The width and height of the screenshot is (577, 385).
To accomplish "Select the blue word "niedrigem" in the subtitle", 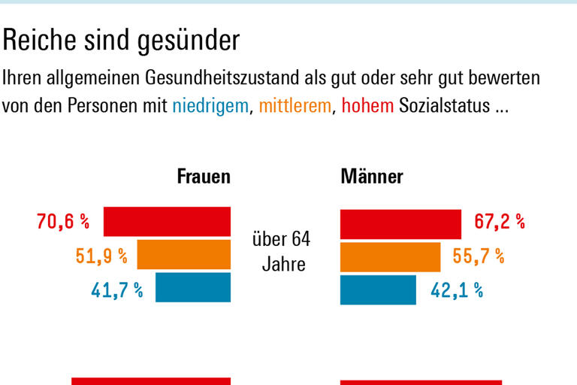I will pyautogui.click(x=210, y=106).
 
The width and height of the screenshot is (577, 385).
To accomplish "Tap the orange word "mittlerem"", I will pyautogui.click(x=295, y=106).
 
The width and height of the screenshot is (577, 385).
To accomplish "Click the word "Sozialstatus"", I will pyautogui.click(x=443, y=106).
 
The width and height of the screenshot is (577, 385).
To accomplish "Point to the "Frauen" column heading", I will pyautogui.click(x=204, y=177).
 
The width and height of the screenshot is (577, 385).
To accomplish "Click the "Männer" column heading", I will pyautogui.click(x=372, y=177).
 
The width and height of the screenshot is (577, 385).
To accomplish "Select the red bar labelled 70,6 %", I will pyautogui.click(x=167, y=221).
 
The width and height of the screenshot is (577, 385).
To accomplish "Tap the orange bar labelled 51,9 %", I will pyautogui.click(x=184, y=255).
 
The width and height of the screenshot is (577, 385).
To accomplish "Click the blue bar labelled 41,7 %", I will pyautogui.click(x=193, y=288).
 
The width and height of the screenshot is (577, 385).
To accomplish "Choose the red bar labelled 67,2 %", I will pyautogui.click(x=400, y=224).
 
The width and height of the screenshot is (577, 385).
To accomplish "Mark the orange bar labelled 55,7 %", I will pyautogui.click(x=390, y=256).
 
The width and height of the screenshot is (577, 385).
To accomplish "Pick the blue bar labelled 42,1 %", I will pyautogui.click(x=378, y=290).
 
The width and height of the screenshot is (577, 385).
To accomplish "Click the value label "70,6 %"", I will pyautogui.click(x=62, y=222).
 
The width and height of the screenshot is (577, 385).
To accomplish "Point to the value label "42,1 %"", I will pyautogui.click(x=456, y=291).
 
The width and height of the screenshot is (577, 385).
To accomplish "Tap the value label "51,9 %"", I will pyautogui.click(x=101, y=256).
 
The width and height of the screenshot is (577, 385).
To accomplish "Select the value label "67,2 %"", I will pyautogui.click(x=499, y=222).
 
